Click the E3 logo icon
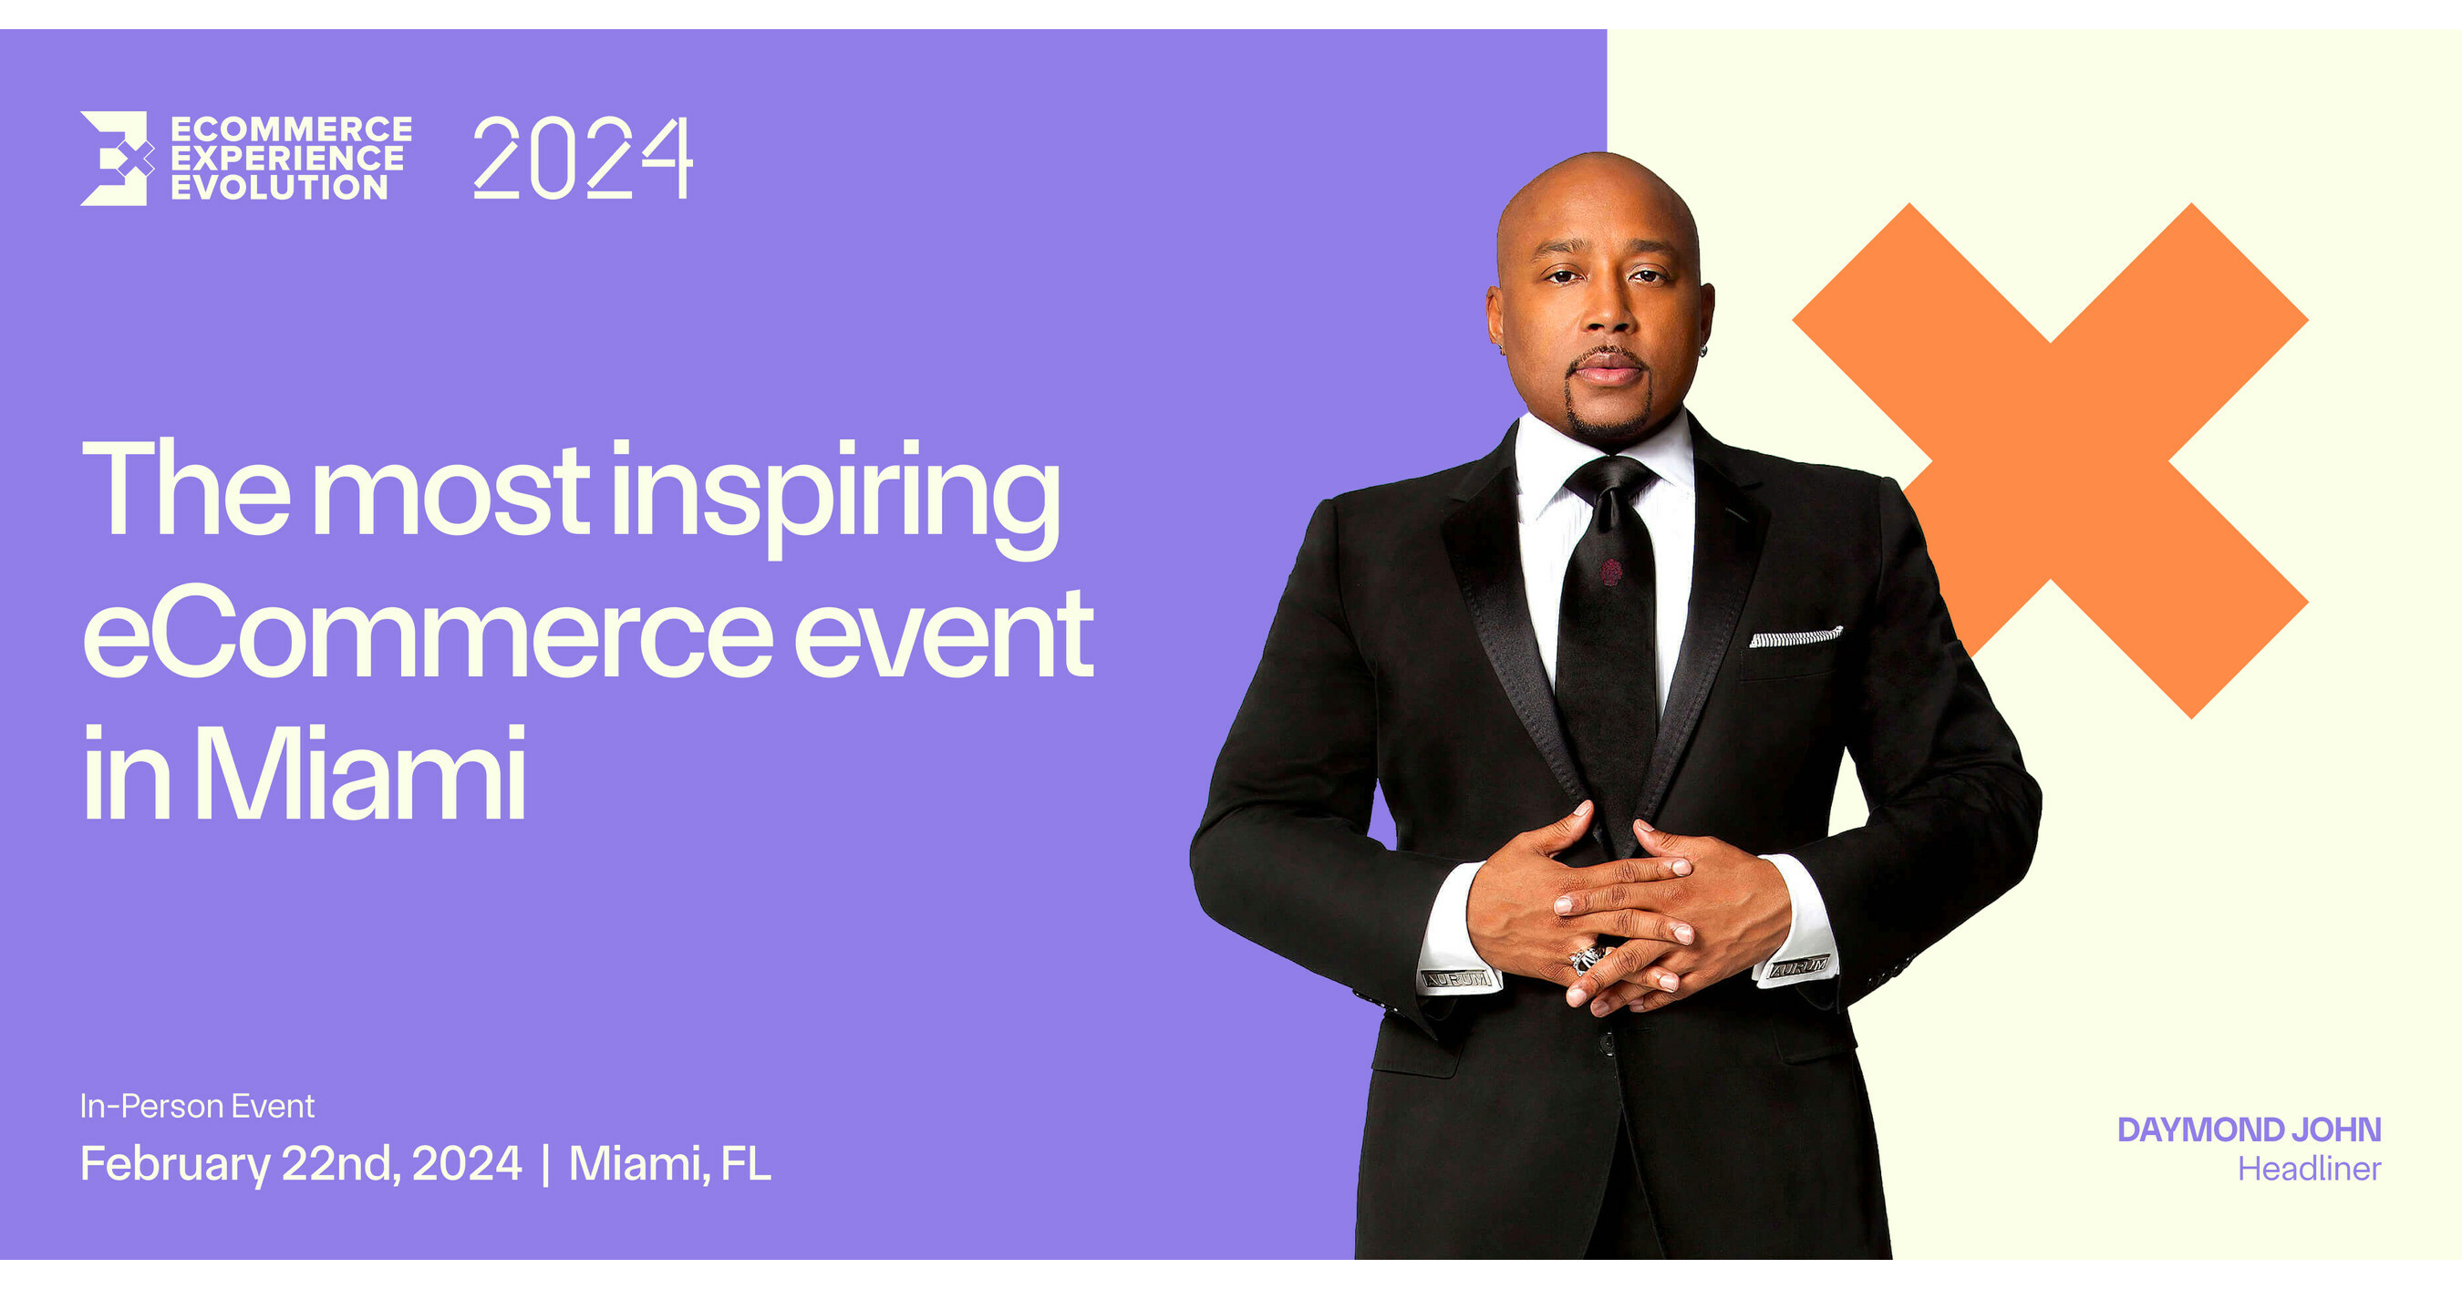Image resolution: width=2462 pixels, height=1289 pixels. tap(116, 159)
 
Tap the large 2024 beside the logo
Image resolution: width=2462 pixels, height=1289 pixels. tap(582, 158)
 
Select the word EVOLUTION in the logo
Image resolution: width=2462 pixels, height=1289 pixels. tap(279, 187)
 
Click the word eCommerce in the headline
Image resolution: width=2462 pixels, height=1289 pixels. tap(429, 634)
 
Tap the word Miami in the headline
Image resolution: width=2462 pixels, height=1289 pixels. tap(360, 773)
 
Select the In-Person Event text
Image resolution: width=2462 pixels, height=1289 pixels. tap(197, 1107)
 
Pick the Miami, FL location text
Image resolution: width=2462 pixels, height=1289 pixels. tap(670, 1165)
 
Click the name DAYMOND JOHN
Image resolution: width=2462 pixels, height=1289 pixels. tap(2249, 1129)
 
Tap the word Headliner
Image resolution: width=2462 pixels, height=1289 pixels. tap(2309, 1169)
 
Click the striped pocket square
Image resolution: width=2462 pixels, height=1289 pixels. tap(1795, 637)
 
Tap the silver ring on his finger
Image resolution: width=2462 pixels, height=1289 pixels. tap(1587, 957)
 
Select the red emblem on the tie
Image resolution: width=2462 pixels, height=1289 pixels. tap(1611, 572)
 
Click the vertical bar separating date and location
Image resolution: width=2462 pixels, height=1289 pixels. tap(545, 1166)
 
